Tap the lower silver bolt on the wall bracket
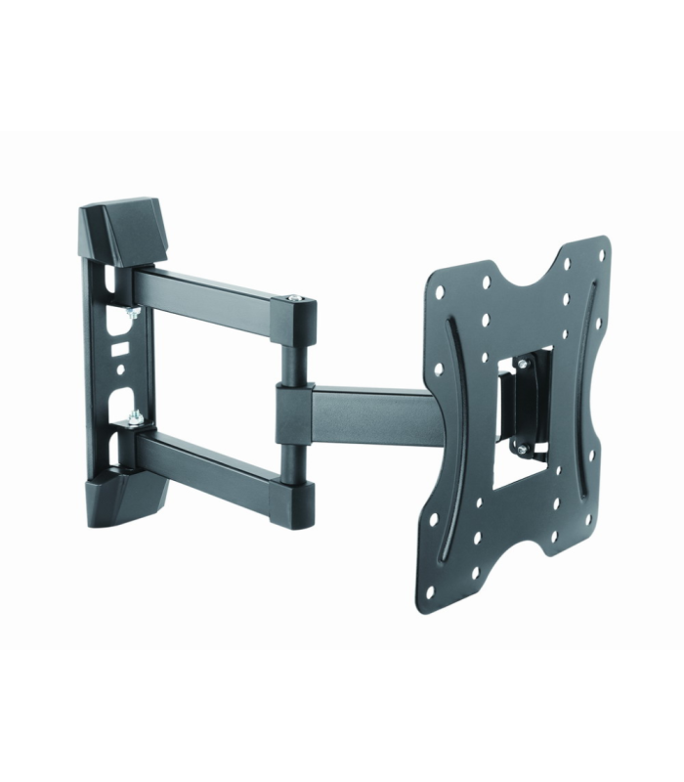134,420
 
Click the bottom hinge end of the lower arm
297,496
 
